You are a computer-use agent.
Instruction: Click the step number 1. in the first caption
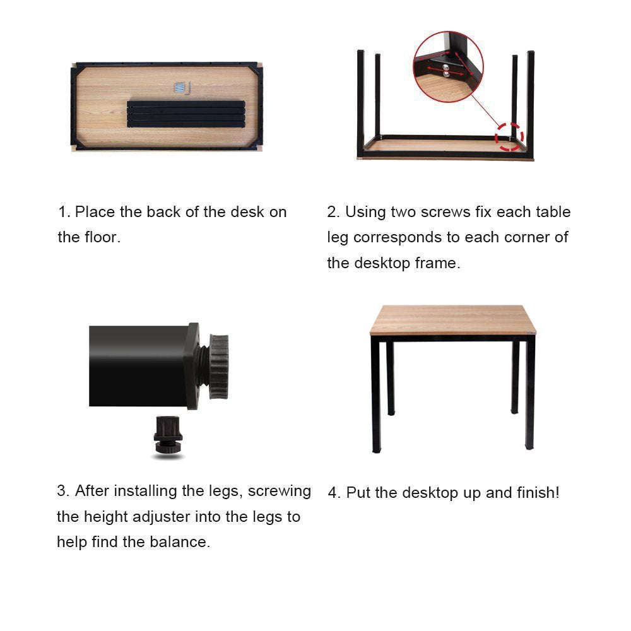coord(64,212)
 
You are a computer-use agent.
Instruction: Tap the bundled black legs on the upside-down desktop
coord(186,114)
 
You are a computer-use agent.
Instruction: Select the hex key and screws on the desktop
coord(182,89)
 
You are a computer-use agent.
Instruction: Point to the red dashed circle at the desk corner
coord(509,136)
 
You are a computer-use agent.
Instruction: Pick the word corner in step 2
coord(519,238)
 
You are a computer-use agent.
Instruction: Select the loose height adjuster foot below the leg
coord(168,435)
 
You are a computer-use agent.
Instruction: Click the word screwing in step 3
coord(280,491)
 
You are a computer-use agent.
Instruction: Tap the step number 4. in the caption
coord(334,493)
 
